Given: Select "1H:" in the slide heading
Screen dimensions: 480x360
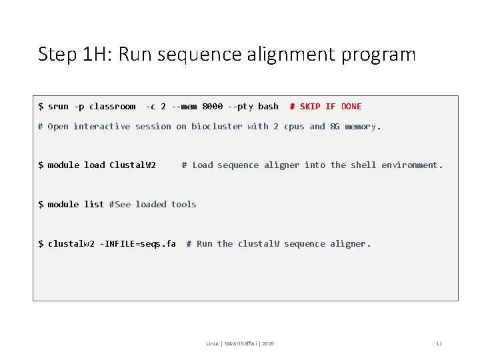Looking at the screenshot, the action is pyautogui.click(x=96, y=54).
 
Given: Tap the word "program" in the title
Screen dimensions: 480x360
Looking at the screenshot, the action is pyautogui.click(x=378, y=55).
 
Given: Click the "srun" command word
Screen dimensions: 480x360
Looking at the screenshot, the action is pyautogui.click(x=58, y=107).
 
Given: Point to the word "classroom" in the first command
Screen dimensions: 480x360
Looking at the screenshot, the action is pyautogui.click(x=112, y=107).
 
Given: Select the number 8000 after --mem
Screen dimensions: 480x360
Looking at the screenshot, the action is pyautogui.click(x=212, y=107).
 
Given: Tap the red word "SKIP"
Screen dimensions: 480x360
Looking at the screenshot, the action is pyautogui.click(x=310, y=107).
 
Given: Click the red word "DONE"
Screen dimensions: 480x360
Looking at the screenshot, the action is pyautogui.click(x=351, y=107).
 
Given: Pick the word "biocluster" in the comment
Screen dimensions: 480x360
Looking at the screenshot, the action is pyautogui.click(x=217, y=127).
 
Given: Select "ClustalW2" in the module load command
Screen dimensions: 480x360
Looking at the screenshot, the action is pyautogui.click(x=133, y=165).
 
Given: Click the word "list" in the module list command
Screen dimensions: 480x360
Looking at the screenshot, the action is pyautogui.click(x=94, y=205).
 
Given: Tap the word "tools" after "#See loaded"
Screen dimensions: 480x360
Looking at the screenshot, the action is pyautogui.click(x=183, y=205).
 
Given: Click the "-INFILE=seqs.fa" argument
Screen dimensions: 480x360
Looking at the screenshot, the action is pyautogui.click(x=139, y=244).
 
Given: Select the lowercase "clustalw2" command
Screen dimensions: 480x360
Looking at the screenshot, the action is pyautogui.click(x=71, y=244).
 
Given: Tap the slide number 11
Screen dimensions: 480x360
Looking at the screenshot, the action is pyautogui.click(x=439, y=343).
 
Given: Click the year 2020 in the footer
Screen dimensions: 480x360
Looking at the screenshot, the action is pyautogui.click(x=268, y=343).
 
